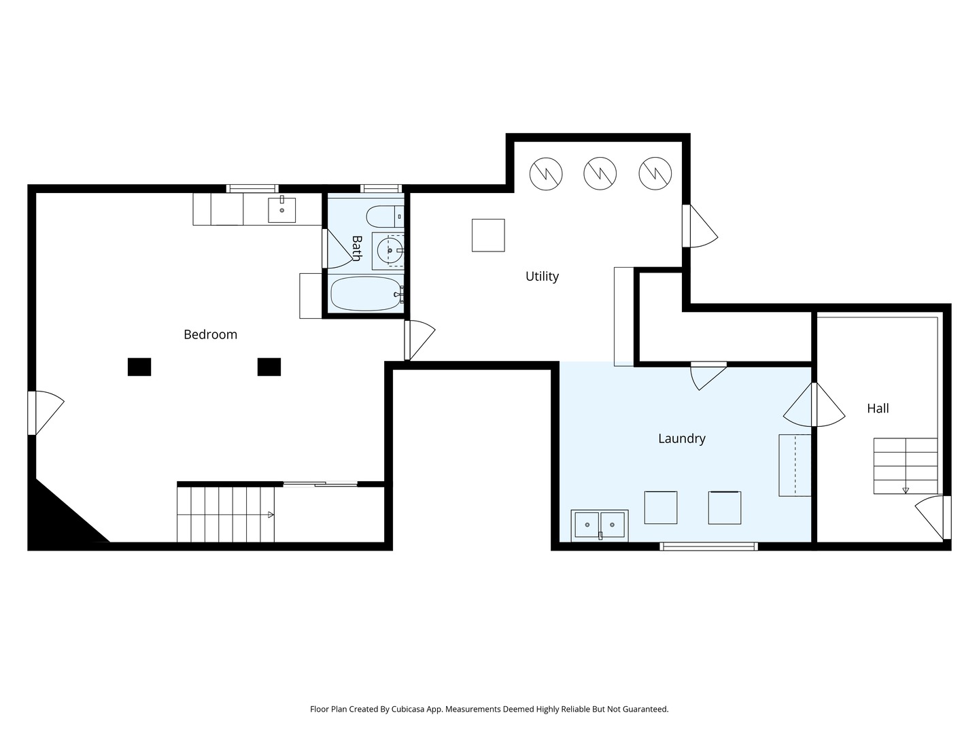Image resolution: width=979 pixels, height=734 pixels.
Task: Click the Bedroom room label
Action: [x=210, y=334]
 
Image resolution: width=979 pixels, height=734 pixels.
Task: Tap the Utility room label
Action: [x=542, y=277]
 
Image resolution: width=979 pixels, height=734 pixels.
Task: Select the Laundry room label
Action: [x=681, y=438]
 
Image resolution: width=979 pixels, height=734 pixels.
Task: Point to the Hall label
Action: [x=878, y=408]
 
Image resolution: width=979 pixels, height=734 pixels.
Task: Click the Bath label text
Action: [x=357, y=248]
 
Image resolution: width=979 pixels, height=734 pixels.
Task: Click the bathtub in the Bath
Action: [x=366, y=294]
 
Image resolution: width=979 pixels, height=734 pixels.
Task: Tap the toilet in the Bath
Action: [x=385, y=216]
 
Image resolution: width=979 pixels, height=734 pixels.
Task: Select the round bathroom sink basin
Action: [x=390, y=251]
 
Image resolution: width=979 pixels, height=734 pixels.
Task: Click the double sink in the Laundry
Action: [x=600, y=525]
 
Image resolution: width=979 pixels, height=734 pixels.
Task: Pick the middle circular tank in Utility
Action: [x=600, y=173]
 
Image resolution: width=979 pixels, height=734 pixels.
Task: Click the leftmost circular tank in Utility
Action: [x=546, y=174]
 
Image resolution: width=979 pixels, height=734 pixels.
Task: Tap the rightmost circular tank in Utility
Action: [x=655, y=173]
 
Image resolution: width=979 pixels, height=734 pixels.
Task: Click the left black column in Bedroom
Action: [x=139, y=367]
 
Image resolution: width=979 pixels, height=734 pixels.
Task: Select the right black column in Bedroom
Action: [x=269, y=367]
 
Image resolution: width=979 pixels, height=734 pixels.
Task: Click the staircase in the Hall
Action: [x=906, y=466]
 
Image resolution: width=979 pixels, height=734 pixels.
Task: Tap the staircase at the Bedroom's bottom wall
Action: [x=226, y=514]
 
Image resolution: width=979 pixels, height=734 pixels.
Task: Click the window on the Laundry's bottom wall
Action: [x=708, y=546]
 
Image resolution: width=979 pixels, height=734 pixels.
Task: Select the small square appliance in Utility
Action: [x=488, y=235]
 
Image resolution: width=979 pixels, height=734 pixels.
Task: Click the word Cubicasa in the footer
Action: [x=408, y=709]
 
